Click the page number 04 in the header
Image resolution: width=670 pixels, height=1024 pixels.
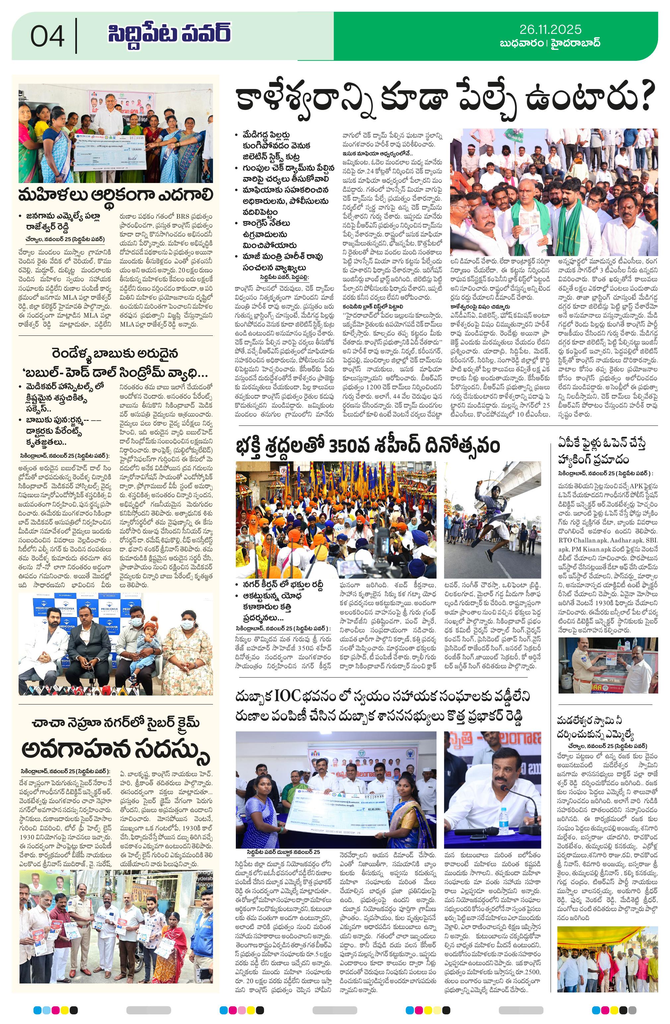(47, 36)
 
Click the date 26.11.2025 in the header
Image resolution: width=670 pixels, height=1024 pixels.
(550, 29)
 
